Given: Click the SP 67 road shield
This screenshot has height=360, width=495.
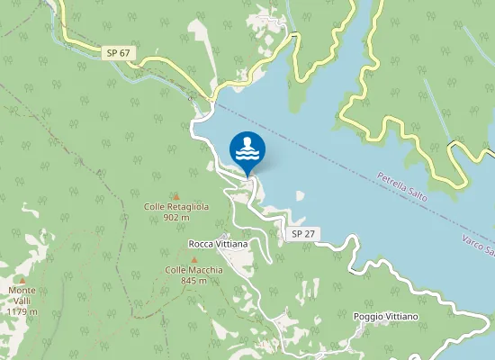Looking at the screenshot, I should pyautogui.click(x=117, y=54).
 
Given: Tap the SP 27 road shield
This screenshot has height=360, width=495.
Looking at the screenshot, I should pyautogui.click(x=303, y=234).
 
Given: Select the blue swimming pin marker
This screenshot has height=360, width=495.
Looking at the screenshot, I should pyautogui.click(x=247, y=151).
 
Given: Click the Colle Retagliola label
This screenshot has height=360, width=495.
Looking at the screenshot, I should pyautogui.click(x=176, y=206).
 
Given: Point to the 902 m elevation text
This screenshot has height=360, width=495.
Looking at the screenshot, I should pyautogui.click(x=176, y=217).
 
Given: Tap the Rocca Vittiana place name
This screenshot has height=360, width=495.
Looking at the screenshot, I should pyautogui.click(x=218, y=244).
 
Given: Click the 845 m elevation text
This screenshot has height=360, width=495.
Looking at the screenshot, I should pyautogui.click(x=193, y=281).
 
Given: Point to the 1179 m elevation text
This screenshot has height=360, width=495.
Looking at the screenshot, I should pyautogui.click(x=22, y=311).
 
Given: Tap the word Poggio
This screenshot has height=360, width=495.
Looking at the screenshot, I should pyautogui.click(x=369, y=317).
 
